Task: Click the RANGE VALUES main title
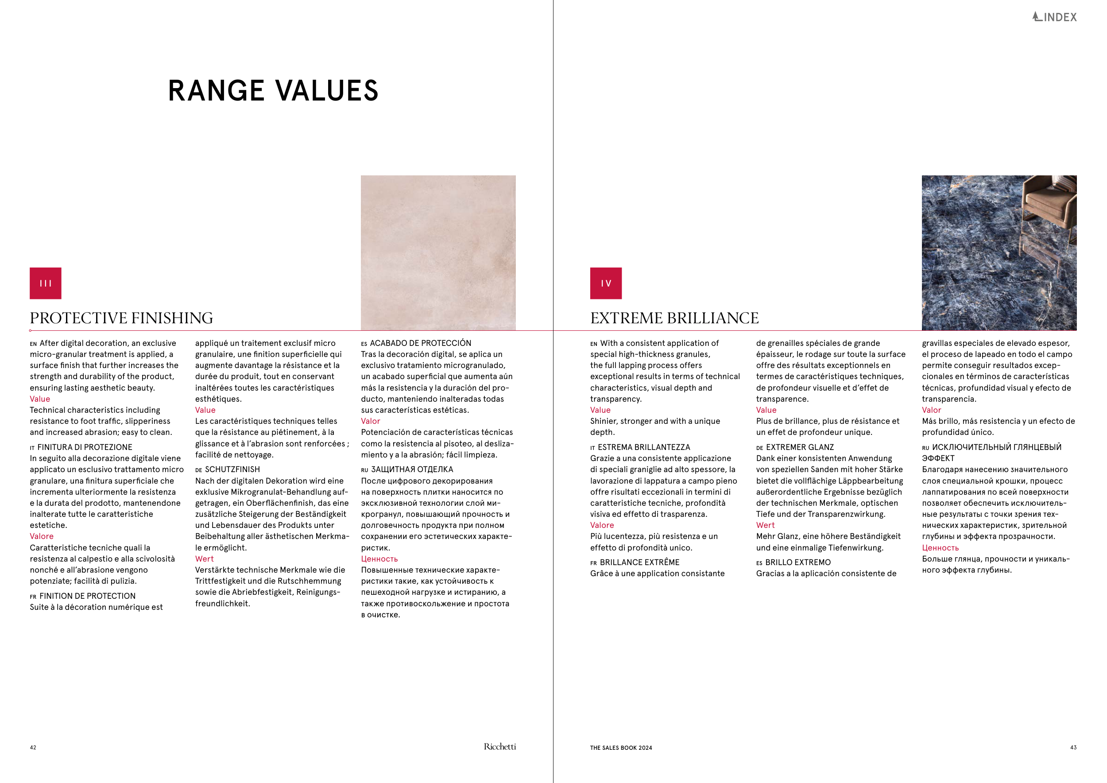coord(273,91)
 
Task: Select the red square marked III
coord(45,283)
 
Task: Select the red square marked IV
coord(606,283)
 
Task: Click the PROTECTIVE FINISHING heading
coord(121,318)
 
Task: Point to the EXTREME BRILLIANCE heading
coord(674,318)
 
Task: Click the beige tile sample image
coord(438,252)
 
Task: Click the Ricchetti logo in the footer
coord(499,747)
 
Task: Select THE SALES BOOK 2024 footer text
coord(621,748)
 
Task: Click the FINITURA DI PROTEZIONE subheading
coord(85,447)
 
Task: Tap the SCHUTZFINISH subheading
coord(232,469)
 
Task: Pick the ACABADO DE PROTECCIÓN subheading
coord(420,343)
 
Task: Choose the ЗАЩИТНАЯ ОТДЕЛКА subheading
coord(412,469)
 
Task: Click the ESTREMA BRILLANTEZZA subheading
coord(644,447)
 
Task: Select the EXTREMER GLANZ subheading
coord(799,447)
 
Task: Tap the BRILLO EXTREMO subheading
coord(798,562)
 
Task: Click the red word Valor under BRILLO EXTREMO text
coord(931,410)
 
